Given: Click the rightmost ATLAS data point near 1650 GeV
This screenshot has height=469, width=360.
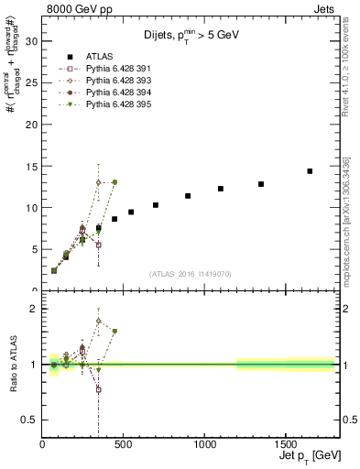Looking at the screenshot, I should (310, 171).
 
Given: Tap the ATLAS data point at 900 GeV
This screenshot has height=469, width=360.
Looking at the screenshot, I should (188, 196).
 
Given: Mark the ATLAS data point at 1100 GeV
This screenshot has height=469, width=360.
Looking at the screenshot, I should (221, 189).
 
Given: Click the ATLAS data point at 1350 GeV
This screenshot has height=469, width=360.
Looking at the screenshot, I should (261, 184).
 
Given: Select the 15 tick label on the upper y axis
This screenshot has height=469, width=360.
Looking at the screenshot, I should (32, 166).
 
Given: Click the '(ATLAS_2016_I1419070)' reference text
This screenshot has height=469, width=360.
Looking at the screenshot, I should (190, 274).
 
